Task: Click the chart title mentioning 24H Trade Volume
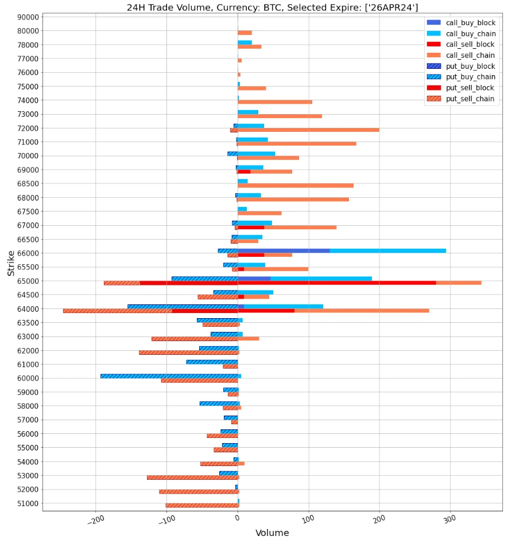tap(272, 7)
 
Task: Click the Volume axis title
tap(272, 533)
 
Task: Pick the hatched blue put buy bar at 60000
tap(169, 376)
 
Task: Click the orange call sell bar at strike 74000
tap(275, 102)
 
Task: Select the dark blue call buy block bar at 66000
tap(284, 251)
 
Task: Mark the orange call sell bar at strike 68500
tap(296, 186)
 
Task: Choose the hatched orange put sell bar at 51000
tap(201, 506)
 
